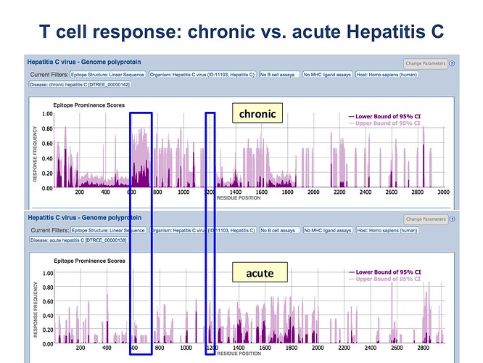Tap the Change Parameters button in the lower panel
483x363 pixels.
pyautogui.click(x=426, y=219)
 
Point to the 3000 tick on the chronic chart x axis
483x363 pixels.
pyautogui.click(x=443, y=192)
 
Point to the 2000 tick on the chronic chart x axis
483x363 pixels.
pyautogui.click(x=313, y=192)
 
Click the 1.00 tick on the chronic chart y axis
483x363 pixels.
pyautogui.click(x=47, y=114)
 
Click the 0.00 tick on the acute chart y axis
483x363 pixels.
pyautogui.click(x=47, y=343)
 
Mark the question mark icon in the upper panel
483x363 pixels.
pyautogui.click(x=452, y=63)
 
